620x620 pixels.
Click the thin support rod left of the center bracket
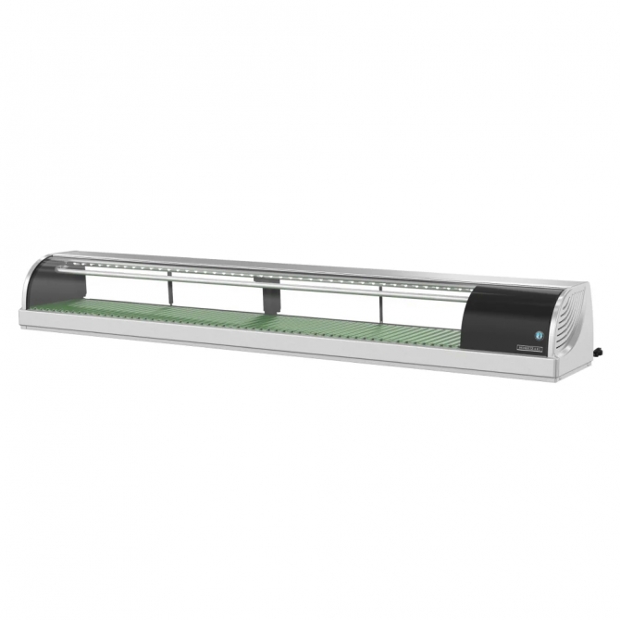(169, 291)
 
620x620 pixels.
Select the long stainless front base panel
(278, 347)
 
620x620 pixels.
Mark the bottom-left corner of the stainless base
(20, 325)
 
